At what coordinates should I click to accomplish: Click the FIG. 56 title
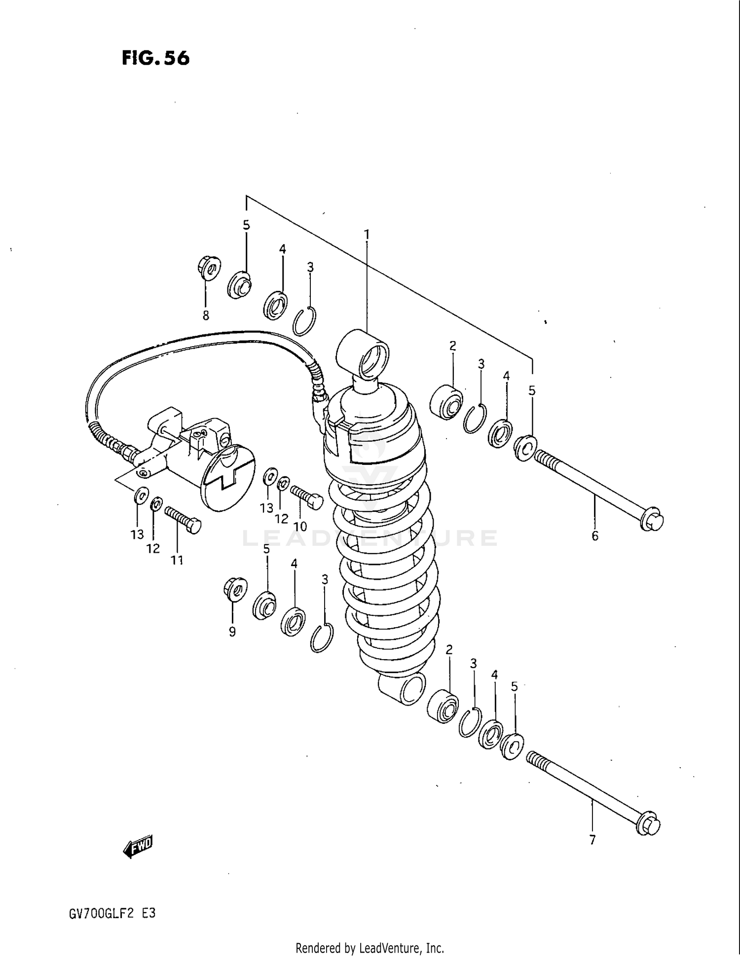pos(155,58)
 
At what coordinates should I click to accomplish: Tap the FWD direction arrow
pos(139,847)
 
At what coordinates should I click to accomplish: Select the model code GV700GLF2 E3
pos(113,913)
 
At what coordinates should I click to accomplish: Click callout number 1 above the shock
pos(367,235)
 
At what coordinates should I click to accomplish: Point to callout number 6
pos(594,536)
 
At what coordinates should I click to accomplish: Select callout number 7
pos(592,840)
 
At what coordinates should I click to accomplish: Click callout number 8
pos(206,316)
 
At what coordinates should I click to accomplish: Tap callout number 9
pos(232,632)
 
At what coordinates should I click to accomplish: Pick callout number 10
pos(300,526)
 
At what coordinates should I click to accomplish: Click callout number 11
pos(177,560)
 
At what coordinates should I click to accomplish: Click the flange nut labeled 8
pos(208,268)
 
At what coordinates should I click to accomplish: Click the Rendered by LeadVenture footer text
pos(370,948)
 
